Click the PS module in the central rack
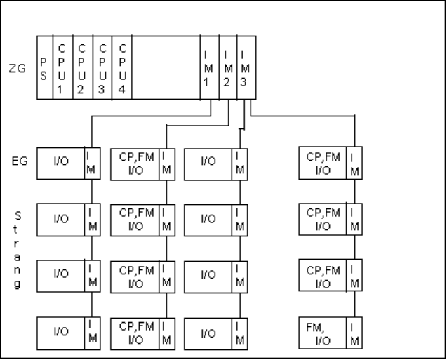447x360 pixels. (x=44, y=68)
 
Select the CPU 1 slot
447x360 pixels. (x=62, y=68)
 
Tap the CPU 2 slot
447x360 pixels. (x=82, y=68)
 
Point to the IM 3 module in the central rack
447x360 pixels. (x=243, y=68)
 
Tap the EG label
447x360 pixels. (x=22, y=161)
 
